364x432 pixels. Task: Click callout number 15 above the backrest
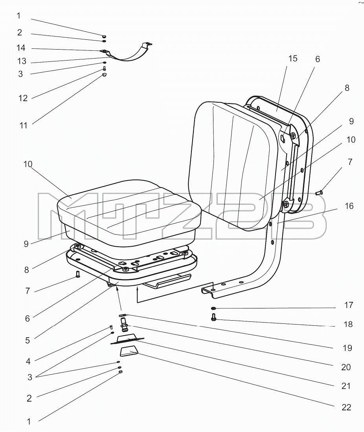tap(293, 59)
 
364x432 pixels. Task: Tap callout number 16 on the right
tap(349, 206)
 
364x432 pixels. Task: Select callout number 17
tap(348, 305)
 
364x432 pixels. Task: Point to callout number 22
tap(346, 407)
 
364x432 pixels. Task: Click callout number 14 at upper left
tap(21, 48)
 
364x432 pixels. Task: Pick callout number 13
tap(22, 61)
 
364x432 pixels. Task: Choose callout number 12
tap(23, 98)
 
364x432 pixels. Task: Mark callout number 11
tap(24, 126)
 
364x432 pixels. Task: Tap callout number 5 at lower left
tap(27, 341)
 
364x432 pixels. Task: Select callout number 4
tap(28, 361)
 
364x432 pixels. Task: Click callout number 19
tap(347, 348)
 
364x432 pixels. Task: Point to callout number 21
tap(346, 386)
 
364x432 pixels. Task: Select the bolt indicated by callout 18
tap(213, 317)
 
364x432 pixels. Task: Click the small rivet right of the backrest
tap(319, 192)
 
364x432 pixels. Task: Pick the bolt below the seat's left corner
tap(78, 274)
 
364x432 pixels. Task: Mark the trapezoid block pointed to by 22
tap(129, 352)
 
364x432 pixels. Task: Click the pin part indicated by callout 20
tap(125, 324)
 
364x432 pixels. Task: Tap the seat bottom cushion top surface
tap(129, 205)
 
